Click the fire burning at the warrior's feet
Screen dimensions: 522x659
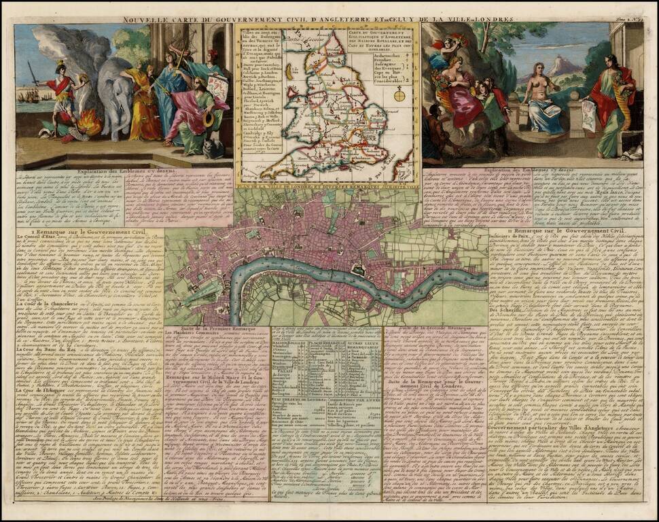coord(89,125)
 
